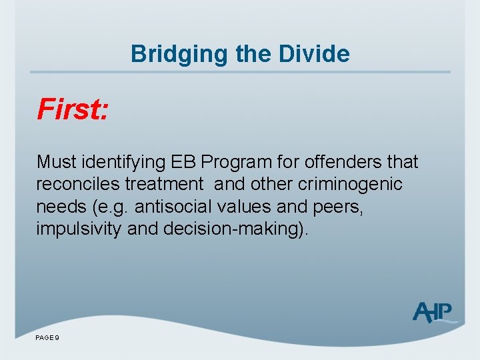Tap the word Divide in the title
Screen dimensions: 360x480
(x=317, y=53)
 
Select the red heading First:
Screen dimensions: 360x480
(x=73, y=109)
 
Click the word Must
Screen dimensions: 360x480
(x=56, y=162)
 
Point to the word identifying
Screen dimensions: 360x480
(x=123, y=162)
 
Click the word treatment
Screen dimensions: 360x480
(x=170, y=184)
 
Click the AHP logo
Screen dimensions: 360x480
(x=433, y=312)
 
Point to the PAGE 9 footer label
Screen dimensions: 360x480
(x=48, y=339)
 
